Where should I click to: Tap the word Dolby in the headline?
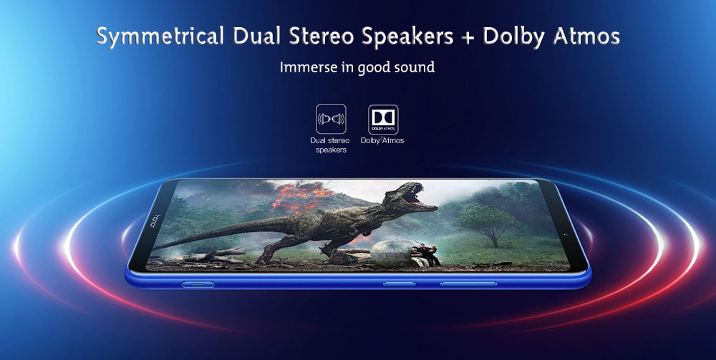point(513,36)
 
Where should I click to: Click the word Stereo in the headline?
point(318,36)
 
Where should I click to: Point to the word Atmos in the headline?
point(586,36)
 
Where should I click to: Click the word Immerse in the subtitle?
point(305,67)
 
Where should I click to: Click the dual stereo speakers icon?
point(331,119)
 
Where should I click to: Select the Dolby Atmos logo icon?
point(383,120)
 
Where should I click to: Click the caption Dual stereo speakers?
point(331,145)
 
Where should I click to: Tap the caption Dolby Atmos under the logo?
point(382,140)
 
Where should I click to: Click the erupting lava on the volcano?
point(302,197)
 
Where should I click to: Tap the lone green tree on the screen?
point(488,222)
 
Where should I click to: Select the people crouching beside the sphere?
point(427,255)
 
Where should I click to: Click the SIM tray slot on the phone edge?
point(198,284)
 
